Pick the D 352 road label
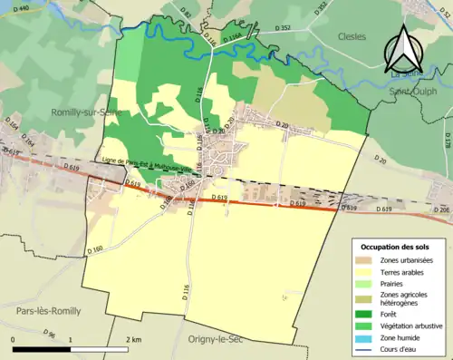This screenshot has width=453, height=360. (x=321, y=9)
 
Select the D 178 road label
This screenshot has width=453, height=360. (x=446, y=140)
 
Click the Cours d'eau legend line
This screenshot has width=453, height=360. (x=365, y=351)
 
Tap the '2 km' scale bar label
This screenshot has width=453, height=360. (x=134, y=340)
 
